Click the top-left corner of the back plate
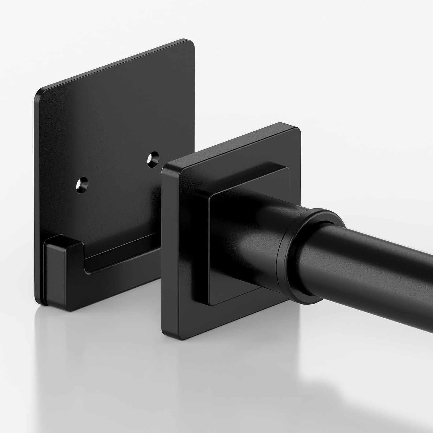39,92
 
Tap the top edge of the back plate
115,65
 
